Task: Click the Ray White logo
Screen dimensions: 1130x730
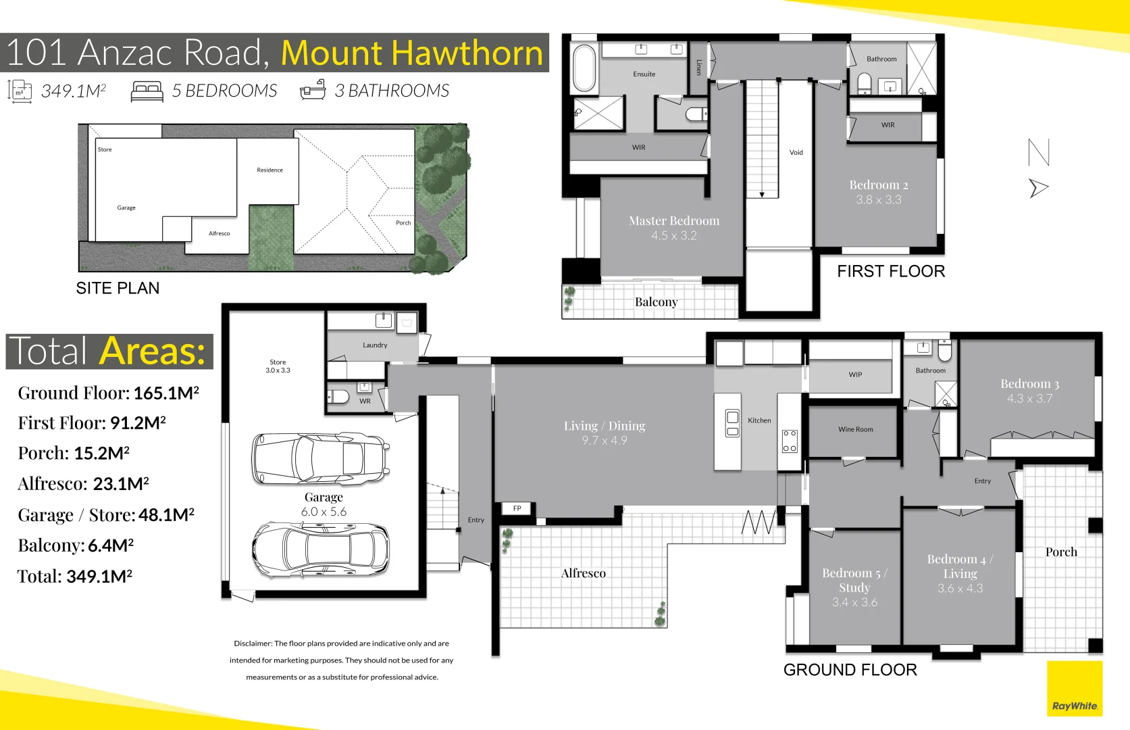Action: click(x=1075, y=689)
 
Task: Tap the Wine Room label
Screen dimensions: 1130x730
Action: click(x=856, y=429)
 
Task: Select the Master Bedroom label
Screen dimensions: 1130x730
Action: click(x=674, y=220)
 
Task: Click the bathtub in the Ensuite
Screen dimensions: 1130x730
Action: click(x=585, y=68)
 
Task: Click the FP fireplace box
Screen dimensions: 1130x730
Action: click(x=517, y=508)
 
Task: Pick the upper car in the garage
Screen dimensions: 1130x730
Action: click(x=321, y=458)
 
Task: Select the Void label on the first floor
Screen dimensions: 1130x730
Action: click(x=796, y=153)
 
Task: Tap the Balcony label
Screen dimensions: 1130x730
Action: click(x=656, y=302)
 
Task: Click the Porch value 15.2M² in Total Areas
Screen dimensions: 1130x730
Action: click(x=101, y=453)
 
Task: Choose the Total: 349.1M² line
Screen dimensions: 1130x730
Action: click(x=75, y=576)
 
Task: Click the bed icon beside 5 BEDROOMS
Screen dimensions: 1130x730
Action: click(x=147, y=91)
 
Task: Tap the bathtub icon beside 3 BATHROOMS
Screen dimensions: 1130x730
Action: click(x=313, y=90)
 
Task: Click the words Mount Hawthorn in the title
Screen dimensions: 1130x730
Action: click(x=411, y=53)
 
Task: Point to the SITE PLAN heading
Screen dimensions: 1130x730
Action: click(x=118, y=288)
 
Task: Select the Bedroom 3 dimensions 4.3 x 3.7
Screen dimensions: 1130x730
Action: click(x=1029, y=398)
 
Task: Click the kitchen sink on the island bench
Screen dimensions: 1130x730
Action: click(x=732, y=424)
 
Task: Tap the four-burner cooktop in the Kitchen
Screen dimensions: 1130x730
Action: click(x=790, y=441)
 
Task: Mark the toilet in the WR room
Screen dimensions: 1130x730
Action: click(x=338, y=397)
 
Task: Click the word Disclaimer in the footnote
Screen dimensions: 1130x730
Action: click(x=252, y=643)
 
